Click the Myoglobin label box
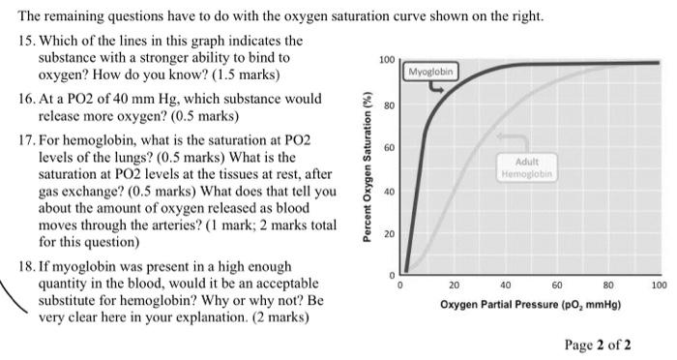click(431, 73)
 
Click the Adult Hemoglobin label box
click(526, 167)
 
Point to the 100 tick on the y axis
click(386, 60)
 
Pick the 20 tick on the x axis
click(454, 285)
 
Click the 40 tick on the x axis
click(505, 285)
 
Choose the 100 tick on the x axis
click(659, 285)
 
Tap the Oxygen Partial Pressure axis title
click(530, 304)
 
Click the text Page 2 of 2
click(598, 344)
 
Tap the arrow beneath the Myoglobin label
click(437, 88)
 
